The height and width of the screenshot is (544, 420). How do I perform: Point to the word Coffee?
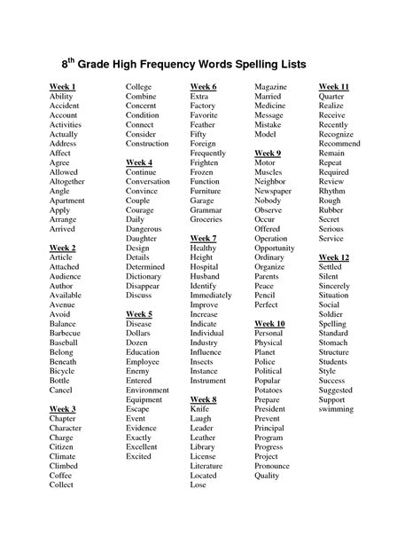pos(63,474)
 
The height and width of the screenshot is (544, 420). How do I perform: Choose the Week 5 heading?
pos(139,314)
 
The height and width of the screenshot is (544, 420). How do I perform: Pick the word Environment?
pos(147,390)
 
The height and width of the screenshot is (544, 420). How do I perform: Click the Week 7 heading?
pos(203,239)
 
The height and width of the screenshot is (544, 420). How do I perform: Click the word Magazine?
pos(271,85)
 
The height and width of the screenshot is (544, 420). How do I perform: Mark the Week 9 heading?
pos(267,153)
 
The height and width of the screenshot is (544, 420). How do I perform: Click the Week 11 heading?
pos(334,85)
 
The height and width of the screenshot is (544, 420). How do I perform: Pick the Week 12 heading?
pos(334,256)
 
